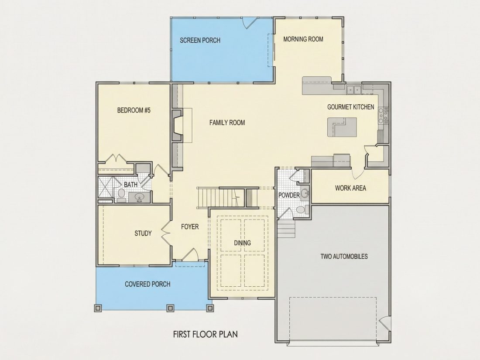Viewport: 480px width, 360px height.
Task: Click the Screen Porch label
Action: pos(200,40)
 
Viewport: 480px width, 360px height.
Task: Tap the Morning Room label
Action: pos(303,39)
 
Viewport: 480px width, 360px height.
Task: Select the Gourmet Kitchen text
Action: pos(350,107)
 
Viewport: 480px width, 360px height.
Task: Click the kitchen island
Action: pos(342,127)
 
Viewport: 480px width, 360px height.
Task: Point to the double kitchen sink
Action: pos(354,89)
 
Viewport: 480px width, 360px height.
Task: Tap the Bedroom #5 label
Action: pos(134,110)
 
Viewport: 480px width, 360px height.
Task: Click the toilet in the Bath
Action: pos(122,195)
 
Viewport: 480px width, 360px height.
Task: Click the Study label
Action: pos(143,233)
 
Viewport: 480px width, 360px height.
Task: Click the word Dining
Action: pos(243,243)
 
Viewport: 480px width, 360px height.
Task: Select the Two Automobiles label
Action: pos(344,256)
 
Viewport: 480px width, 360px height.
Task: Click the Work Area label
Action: pos(350,188)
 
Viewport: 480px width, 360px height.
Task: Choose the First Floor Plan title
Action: pos(206,334)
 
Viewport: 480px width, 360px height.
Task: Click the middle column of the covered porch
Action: pos(170,308)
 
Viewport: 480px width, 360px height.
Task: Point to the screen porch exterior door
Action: pos(249,23)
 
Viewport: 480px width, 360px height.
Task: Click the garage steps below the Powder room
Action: pos(286,229)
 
